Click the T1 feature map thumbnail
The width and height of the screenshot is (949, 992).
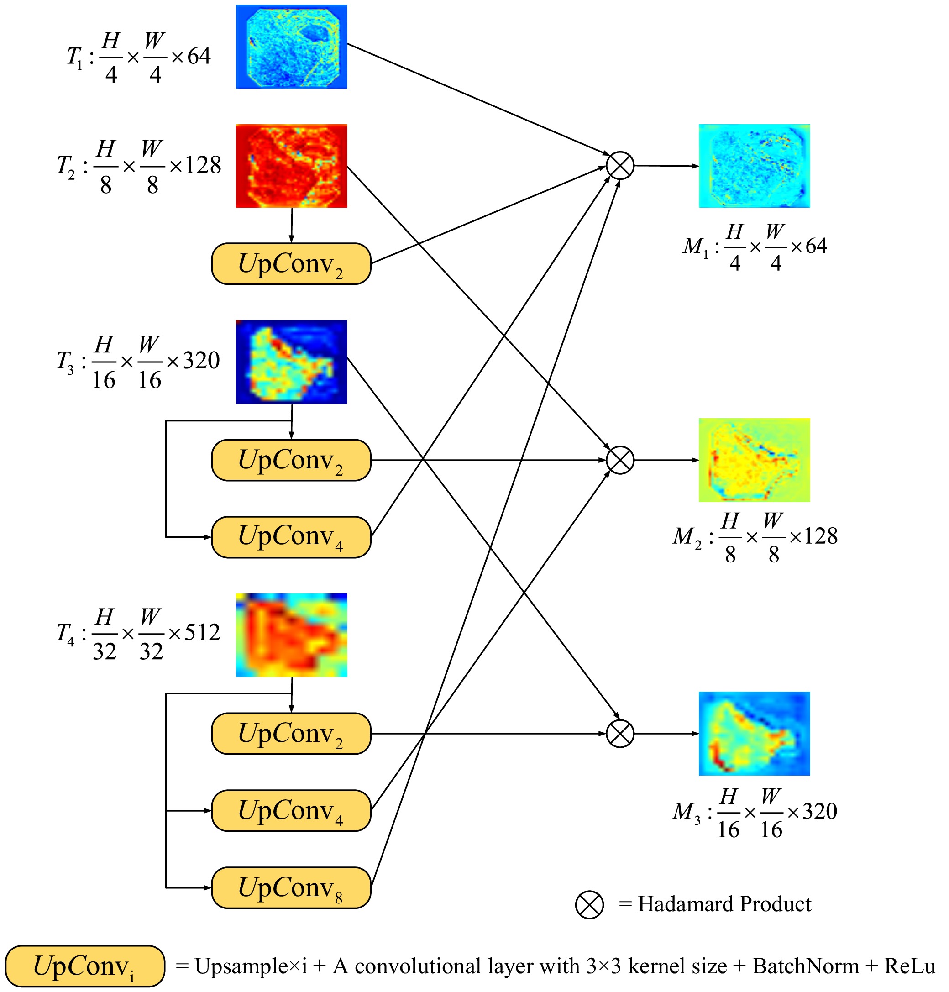click(x=291, y=47)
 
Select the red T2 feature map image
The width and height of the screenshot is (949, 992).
click(x=291, y=166)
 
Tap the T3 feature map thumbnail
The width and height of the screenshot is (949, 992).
click(x=291, y=362)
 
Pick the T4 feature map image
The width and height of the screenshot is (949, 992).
click(x=291, y=635)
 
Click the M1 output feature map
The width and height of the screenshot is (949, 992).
click(x=754, y=166)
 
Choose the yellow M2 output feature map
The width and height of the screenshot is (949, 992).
click(x=754, y=460)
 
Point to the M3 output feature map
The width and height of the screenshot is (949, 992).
click(x=754, y=734)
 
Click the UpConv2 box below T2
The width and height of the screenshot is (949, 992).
click(x=291, y=263)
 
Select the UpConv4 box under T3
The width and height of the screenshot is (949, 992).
click(x=291, y=537)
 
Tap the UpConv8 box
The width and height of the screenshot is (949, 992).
click(x=291, y=887)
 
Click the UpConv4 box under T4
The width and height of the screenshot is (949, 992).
click(x=291, y=810)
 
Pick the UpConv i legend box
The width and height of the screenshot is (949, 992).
click(x=85, y=966)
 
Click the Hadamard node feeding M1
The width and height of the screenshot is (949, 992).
click(x=620, y=165)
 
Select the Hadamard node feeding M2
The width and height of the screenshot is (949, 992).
click(x=620, y=460)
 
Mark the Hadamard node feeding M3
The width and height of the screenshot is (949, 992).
click(x=620, y=734)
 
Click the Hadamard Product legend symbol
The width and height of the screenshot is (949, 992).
click(x=589, y=904)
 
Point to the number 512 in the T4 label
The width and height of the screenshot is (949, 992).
click(x=202, y=632)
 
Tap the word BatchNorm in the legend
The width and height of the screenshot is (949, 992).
click(x=806, y=966)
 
